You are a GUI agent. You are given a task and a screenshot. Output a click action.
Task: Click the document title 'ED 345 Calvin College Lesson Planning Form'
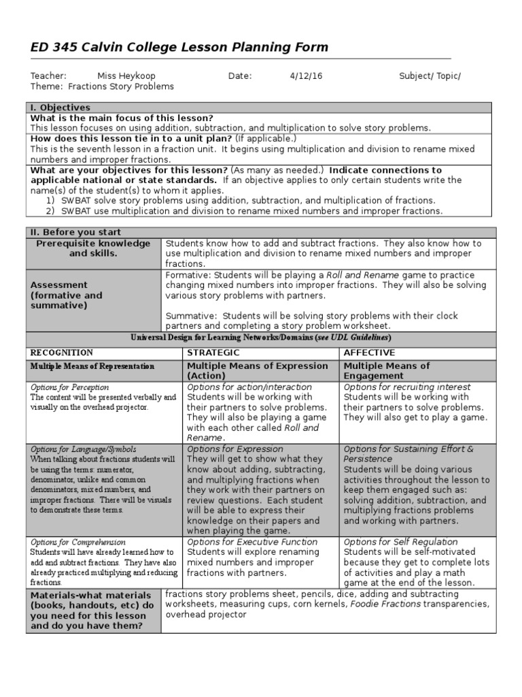[170, 47]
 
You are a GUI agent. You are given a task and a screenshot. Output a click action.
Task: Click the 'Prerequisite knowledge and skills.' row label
[93, 248]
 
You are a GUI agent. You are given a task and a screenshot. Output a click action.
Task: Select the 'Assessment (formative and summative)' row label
[66, 295]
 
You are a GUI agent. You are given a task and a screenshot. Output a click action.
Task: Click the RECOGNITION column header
[61, 353]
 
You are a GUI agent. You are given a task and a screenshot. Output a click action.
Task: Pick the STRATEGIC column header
[213, 353]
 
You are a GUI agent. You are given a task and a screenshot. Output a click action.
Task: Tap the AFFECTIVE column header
[369, 353]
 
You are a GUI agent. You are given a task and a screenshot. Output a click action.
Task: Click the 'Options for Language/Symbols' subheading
[83, 449]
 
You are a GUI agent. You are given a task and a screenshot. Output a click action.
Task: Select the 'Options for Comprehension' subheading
[77, 542]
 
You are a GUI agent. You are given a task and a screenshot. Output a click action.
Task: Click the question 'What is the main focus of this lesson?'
[122, 118]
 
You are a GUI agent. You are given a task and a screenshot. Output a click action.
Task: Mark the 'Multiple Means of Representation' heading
[92, 366]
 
